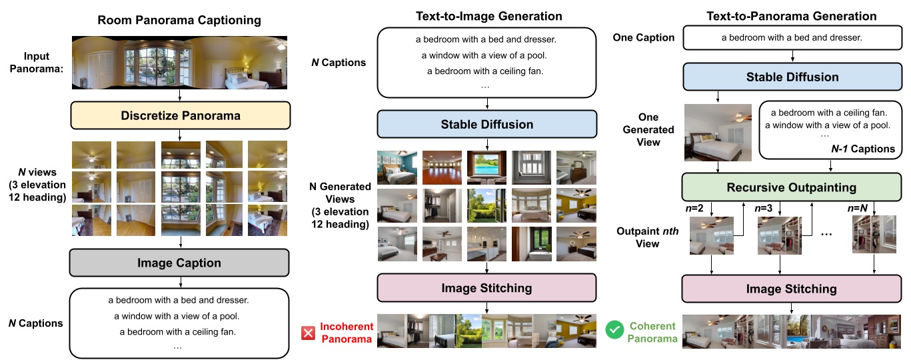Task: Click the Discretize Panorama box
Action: click(180, 115)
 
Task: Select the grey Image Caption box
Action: click(180, 263)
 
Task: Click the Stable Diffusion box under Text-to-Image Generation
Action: click(487, 124)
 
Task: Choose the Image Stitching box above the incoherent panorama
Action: click(487, 288)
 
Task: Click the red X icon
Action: click(308, 331)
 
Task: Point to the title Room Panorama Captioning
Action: click(179, 21)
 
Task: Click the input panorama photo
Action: click(179, 63)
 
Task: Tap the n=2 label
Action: click(696, 208)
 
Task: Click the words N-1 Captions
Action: click(864, 149)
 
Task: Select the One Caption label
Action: click(643, 38)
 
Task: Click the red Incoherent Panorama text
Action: click(345, 333)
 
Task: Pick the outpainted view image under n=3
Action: click(779, 237)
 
